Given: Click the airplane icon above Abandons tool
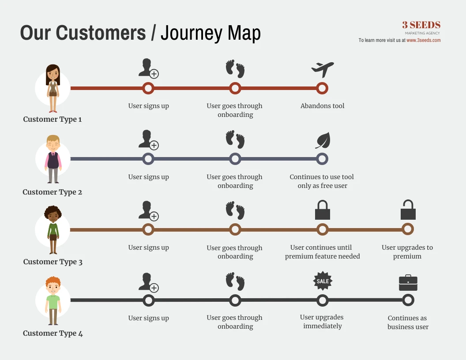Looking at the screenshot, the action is point(323,70).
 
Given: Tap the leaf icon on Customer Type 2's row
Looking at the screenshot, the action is point(323,140).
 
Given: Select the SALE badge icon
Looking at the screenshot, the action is point(323,281).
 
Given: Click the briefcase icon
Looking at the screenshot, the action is point(408,283).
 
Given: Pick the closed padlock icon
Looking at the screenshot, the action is point(323,210).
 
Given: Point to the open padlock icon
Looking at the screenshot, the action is point(408,210).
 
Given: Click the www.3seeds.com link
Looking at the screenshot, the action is point(424,40).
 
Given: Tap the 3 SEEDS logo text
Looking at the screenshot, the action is point(421,25).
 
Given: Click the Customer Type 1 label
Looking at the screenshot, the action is point(53,120).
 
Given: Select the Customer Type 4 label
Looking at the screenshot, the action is point(53,333).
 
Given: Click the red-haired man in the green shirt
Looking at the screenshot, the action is point(53,300).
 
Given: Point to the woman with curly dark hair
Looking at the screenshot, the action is point(53,229).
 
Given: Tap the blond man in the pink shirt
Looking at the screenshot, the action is point(53,159).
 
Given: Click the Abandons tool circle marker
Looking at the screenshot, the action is point(322,88).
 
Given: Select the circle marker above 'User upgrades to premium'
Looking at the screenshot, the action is point(408,229).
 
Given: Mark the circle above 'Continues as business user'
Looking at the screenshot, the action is point(408,300).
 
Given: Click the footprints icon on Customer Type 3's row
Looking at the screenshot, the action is point(235,210).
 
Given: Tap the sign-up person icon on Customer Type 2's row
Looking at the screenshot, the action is point(149,139).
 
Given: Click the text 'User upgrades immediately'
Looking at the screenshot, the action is point(322,322).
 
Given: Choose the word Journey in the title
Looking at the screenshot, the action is point(192,33).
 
